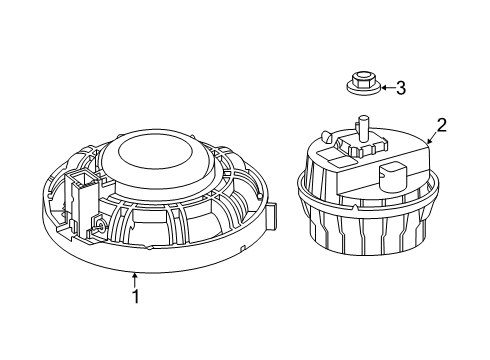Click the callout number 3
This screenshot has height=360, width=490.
(x=402, y=89)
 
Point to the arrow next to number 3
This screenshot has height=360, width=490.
(x=385, y=89)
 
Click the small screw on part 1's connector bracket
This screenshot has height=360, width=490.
(x=103, y=229)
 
